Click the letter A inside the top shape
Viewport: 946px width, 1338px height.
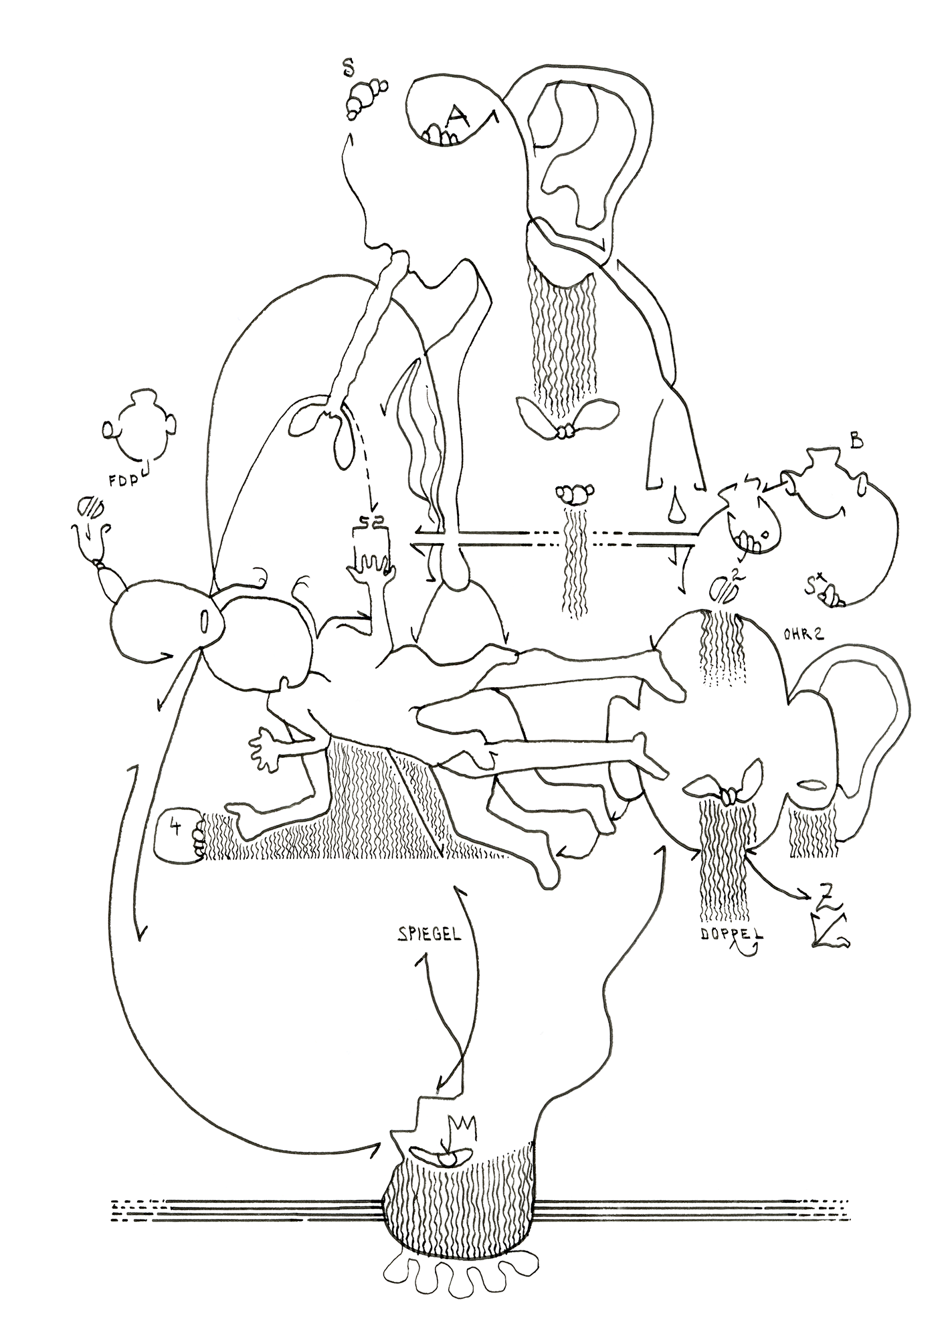click(457, 118)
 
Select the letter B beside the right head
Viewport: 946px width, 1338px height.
click(856, 442)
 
